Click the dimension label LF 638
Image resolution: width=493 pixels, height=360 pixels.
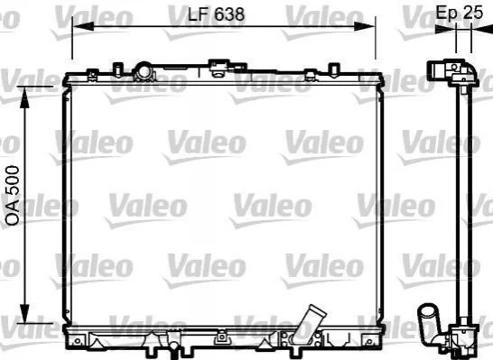tap(216, 14)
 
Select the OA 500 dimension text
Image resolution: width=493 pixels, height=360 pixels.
tap(13, 196)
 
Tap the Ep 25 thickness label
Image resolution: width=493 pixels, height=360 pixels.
tap(459, 13)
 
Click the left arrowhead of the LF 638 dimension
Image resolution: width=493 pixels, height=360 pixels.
tap(83, 26)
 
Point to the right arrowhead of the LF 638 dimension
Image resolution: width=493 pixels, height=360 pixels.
tap(364, 26)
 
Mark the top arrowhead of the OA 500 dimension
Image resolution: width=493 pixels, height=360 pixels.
tap(24, 97)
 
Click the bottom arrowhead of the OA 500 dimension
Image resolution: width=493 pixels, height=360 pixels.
tap(24, 312)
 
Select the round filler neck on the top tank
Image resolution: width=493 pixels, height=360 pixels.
tap(144, 71)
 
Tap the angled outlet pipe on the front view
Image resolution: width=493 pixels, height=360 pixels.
tap(309, 325)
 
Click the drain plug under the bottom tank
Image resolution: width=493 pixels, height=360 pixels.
tap(173, 347)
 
